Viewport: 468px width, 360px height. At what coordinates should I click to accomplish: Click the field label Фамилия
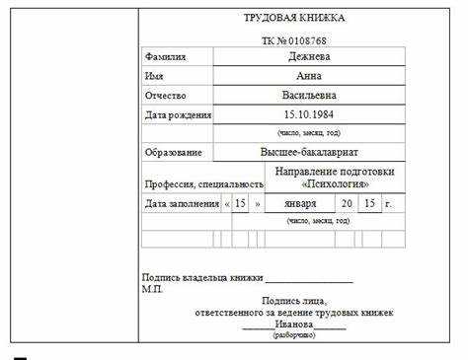point(165,57)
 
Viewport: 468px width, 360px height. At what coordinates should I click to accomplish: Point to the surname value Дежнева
point(309,57)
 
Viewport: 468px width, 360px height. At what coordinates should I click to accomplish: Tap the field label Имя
point(154,76)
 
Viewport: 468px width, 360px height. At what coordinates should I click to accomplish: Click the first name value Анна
point(309,76)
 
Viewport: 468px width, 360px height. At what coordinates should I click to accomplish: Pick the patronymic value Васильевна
point(309,96)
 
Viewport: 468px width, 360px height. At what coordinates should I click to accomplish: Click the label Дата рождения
point(178,115)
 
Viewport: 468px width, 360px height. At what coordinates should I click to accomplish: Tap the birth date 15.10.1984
point(309,115)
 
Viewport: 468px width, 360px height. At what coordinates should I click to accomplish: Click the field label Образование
point(173,153)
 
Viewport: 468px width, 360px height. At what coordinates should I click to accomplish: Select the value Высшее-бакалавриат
point(309,153)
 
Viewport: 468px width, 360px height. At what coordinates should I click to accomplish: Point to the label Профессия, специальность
point(203,184)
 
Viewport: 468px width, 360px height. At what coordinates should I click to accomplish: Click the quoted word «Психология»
point(336,184)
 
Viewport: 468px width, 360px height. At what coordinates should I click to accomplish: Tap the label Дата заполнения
point(182,204)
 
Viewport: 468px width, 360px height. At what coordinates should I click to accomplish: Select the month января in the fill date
point(301,204)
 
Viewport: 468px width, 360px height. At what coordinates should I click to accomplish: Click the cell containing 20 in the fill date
point(347,204)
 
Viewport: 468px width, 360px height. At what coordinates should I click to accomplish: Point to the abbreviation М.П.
point(153,289)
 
